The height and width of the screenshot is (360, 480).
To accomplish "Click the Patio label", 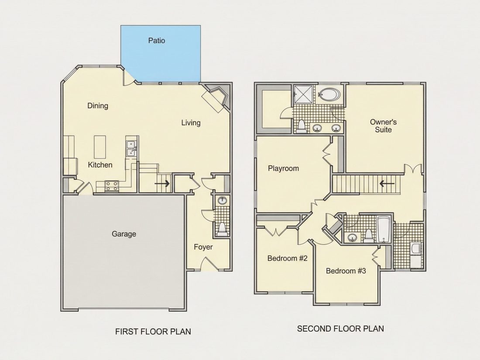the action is [157, 41].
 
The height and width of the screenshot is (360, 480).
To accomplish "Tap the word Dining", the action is [98, 106].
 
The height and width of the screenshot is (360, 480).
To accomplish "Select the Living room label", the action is [191, 123].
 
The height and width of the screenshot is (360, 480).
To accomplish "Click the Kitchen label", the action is [100, 165].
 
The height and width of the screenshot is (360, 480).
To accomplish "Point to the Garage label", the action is [123, 234].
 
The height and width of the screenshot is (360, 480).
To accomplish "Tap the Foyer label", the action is [203, 247].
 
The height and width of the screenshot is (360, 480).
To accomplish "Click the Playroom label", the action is [283, 168].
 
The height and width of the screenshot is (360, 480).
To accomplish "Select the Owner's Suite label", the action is [383, 126].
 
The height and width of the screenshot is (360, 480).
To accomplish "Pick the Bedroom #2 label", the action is [287, 258].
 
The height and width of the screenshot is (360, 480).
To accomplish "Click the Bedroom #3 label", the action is [346, 271].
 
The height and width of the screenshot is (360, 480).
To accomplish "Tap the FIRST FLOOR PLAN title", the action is [153, 332].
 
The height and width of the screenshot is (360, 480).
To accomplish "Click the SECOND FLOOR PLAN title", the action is [340, 329].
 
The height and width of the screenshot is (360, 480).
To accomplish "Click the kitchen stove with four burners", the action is [112, 185].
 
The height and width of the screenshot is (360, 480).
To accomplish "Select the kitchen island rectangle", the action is [100, 147].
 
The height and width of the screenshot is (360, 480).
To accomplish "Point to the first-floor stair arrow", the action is [162, 184].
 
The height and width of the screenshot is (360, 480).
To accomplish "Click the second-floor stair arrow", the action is [387, 184].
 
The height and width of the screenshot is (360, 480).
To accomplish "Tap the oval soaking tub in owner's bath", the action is [329, 95].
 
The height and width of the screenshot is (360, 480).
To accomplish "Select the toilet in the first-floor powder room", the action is [222, 229].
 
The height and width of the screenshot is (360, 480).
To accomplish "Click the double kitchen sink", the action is [131, 148].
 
